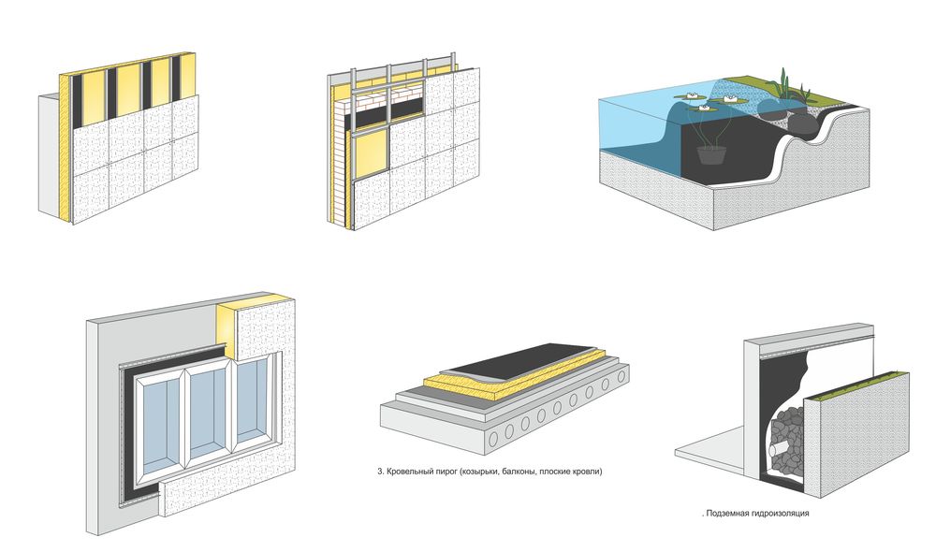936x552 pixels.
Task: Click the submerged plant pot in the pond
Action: pyautogui.click(x=711, y=156)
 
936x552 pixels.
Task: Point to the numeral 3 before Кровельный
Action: pyautogui.click(x=380, y=472)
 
